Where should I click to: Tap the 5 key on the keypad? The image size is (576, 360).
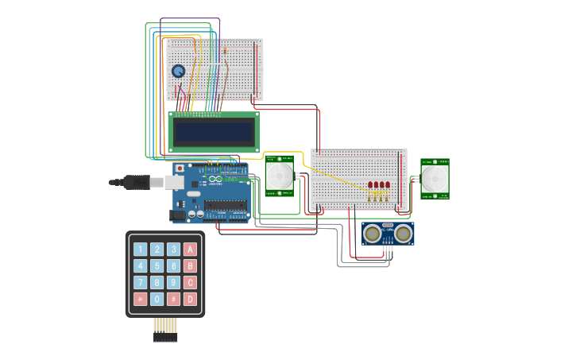(x=157, y=266)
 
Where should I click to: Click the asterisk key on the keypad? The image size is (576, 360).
(x=141, y=299)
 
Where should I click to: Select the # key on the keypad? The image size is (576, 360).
(x=173, y=299)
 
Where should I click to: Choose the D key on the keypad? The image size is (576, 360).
(x=190, y=299)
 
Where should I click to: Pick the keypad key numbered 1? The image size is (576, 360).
(x=141, y=250)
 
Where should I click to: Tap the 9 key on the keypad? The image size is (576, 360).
(x=173, y=282)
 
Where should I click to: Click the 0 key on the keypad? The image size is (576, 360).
(x=157, y=299)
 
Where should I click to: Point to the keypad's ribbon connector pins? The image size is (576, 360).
(x=165, y=328)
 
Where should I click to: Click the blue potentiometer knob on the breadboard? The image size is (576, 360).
(x=178, y=71)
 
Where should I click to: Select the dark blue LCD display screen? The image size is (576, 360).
(x=214, y=132)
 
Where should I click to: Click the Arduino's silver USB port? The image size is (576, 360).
(x=173, y=183)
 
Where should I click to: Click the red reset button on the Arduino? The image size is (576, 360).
(x=180, y=168)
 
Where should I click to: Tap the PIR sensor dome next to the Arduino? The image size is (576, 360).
(x=279, y=176)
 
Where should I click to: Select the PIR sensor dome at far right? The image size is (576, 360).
(x=435, y=179)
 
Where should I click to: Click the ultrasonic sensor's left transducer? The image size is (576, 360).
(x=372, y=233)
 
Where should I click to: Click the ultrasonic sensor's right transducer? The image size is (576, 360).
(x=404, y=233)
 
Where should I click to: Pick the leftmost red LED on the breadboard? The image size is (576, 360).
(x=370, y=185)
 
